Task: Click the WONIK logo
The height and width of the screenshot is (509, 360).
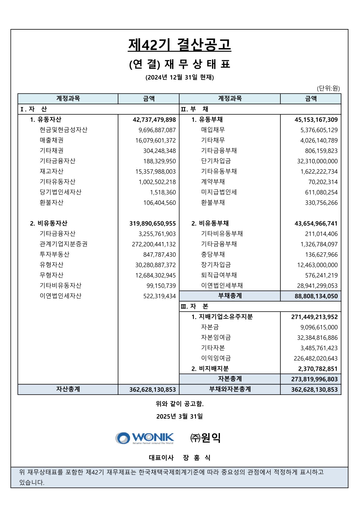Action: (x=145, y=438)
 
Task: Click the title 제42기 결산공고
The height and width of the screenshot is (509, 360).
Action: (x=179, y=45)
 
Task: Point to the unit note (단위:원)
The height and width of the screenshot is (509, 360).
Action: (x=328, y=88)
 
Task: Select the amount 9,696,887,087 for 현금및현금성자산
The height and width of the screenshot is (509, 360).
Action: (x=157, y=130)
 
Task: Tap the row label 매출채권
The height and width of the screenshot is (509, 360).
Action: (x=51, y=140)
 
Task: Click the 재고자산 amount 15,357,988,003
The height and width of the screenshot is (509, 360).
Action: (x=155, y=171)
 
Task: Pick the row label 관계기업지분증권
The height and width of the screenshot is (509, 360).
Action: (x=64, y=244)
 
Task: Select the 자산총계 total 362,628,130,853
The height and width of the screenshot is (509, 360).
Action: (x=152, y=390)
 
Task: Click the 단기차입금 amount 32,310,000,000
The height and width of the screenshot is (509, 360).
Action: (x=317, y=161)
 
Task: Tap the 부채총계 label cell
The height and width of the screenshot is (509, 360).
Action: (x=230, y=296)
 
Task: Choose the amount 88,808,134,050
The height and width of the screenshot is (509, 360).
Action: (x=316, y=296)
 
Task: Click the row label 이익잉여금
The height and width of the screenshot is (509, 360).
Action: (x=216, y=358)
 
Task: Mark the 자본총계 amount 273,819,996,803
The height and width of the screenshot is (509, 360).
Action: (x=314, y=379)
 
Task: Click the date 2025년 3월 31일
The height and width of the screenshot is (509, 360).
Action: (x=179, y=416)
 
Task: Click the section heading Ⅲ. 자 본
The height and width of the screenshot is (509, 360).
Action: (x=194, y=306)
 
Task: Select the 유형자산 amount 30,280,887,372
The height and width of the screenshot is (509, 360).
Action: (x=155, y=265)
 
